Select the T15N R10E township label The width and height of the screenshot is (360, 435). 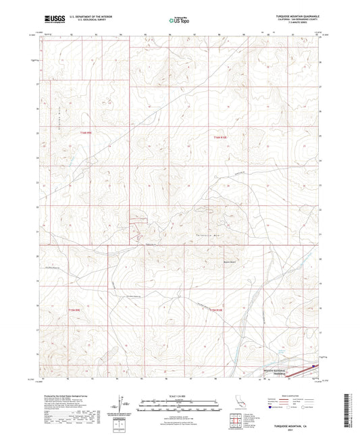215,310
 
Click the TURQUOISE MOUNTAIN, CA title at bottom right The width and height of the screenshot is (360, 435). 294,427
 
